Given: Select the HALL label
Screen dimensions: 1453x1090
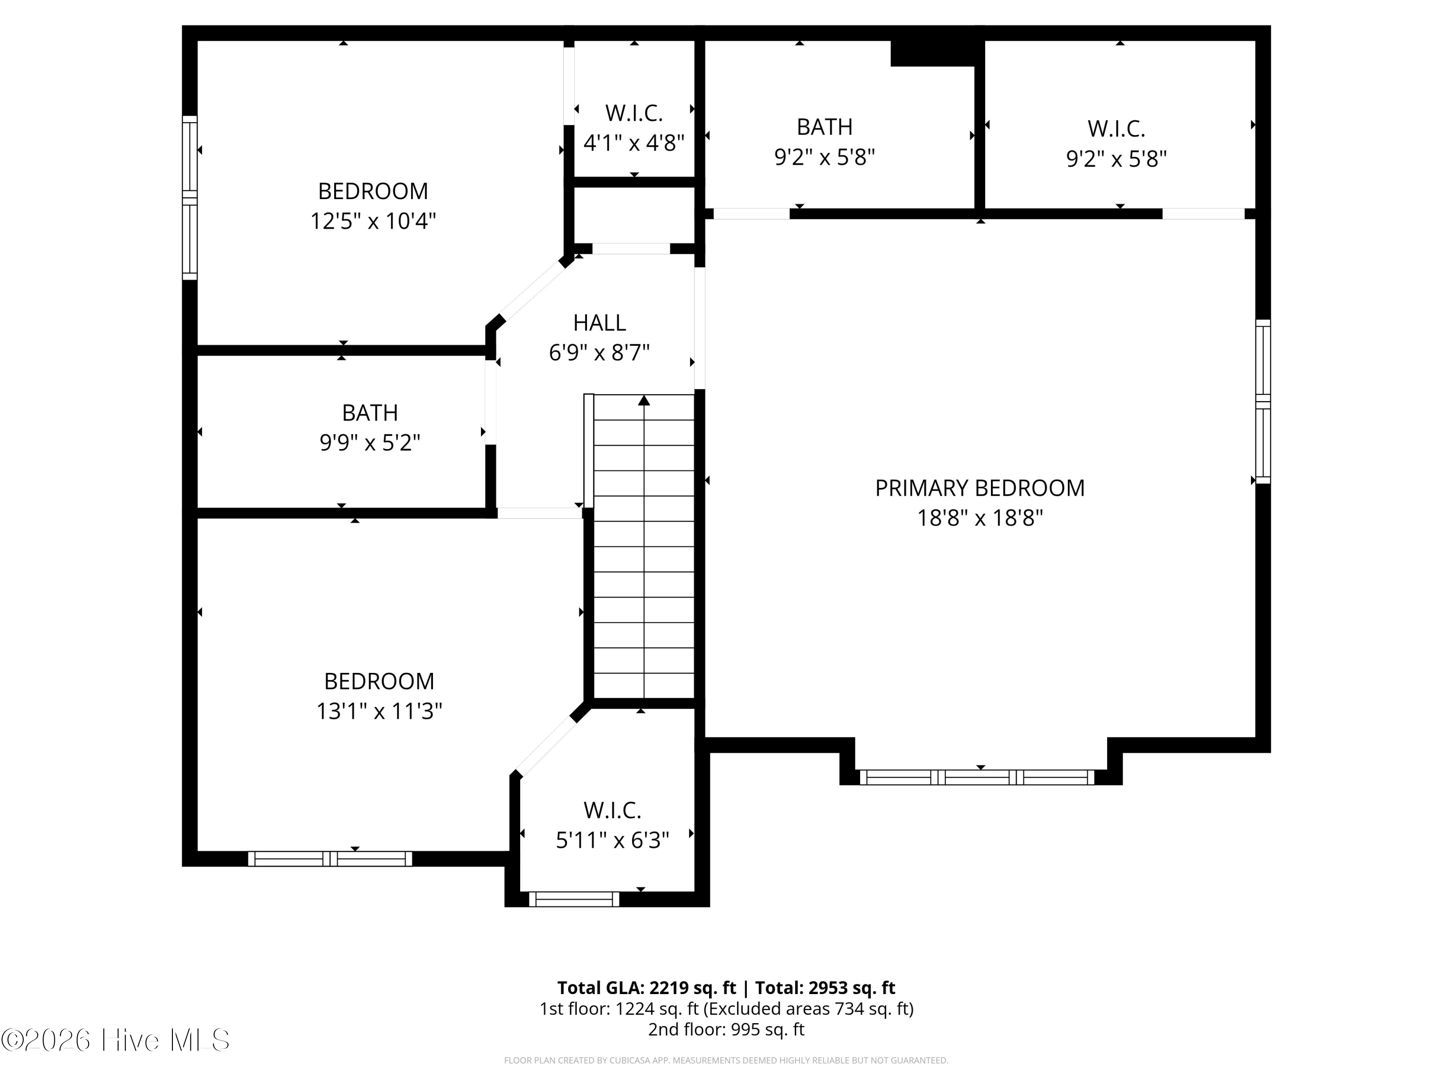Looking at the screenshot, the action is [x=599, y=323].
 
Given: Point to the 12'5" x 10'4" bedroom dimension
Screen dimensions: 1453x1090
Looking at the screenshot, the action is [x=373, y=221].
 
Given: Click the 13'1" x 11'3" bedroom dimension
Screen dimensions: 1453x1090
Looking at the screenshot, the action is [x=379, y=711].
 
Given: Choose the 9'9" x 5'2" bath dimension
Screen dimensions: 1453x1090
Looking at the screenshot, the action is [x=370, y=443].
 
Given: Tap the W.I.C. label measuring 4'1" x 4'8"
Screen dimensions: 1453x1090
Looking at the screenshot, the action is [x=634, y=113].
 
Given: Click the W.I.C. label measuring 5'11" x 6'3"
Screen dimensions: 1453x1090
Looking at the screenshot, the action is [x=612, y=810].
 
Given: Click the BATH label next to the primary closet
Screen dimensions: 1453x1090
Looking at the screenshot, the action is [x=824, y=127].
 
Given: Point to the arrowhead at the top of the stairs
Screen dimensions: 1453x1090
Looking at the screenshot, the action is [x=644, y=400].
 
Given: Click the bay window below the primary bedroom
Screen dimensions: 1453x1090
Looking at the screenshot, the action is [x=977, y=777].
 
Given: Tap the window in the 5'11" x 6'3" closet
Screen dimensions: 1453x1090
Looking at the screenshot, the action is [x=573, y=899].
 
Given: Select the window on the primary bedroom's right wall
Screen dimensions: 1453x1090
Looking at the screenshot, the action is [x=1263, y=402].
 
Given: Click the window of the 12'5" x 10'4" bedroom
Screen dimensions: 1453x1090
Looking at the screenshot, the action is [x=189, y=198].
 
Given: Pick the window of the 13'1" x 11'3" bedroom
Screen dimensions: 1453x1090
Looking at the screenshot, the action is [x=330, y=859].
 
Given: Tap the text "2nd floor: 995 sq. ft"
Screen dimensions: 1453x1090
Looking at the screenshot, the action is [x=726, y=1029].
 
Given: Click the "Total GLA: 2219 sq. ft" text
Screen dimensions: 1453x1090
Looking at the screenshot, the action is [x=647, y=988].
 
